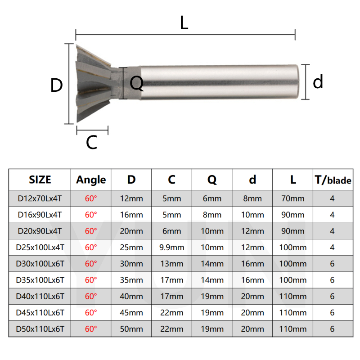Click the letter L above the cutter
184,23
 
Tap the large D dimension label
56,85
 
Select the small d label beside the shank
318,82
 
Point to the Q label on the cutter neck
136,83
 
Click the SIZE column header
40,180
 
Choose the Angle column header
91,180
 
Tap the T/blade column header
333,180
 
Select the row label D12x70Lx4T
40,198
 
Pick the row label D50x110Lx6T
40,329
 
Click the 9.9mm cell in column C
171,247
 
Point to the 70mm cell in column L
293,198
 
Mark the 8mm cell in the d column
252,198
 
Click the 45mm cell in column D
131,313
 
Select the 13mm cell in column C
171,264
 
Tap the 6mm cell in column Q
212,198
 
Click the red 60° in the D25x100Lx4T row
91,247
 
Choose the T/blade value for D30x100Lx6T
333,264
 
